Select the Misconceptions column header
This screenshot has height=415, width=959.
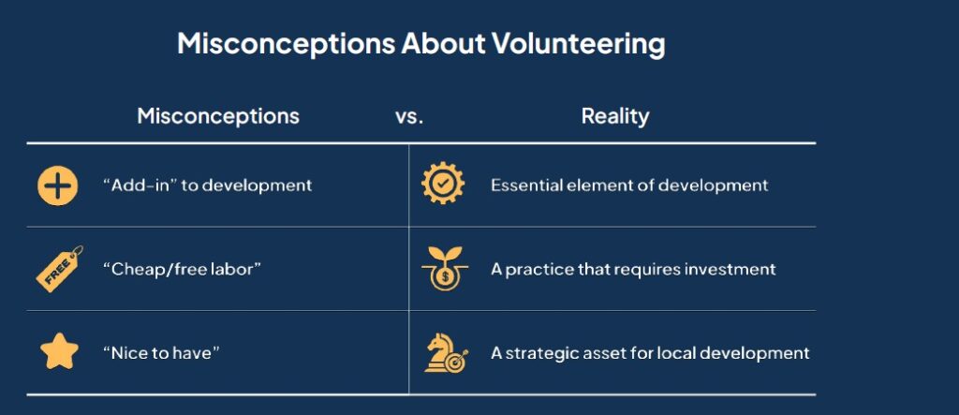218,116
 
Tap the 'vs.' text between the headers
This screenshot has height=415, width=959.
409,117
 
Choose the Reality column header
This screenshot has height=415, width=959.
615,116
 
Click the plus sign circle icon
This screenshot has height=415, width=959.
57,185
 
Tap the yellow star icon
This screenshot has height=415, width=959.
57,352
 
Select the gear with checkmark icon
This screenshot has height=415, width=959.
442,185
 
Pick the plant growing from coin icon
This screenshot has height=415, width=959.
442,268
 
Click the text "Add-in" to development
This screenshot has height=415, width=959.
207,185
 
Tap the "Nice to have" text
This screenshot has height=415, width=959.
161,353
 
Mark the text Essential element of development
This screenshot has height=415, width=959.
629,185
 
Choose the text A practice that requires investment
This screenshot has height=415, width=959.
633,270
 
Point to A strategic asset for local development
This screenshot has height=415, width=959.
650,353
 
